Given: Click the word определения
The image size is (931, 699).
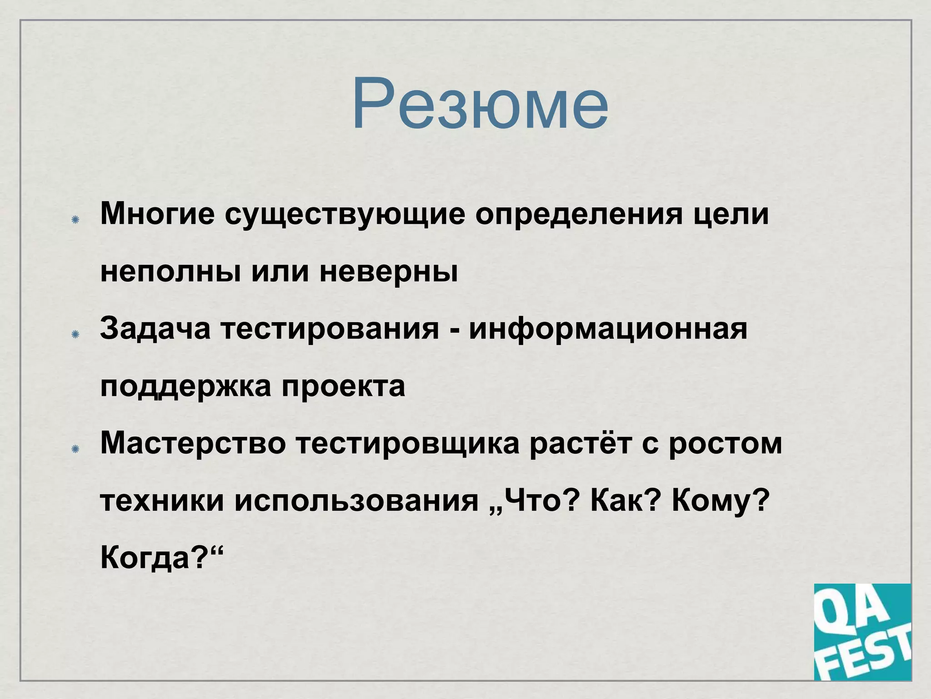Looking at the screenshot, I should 579,215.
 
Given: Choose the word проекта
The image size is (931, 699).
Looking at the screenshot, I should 343,387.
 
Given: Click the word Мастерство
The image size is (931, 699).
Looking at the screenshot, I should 193,443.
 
